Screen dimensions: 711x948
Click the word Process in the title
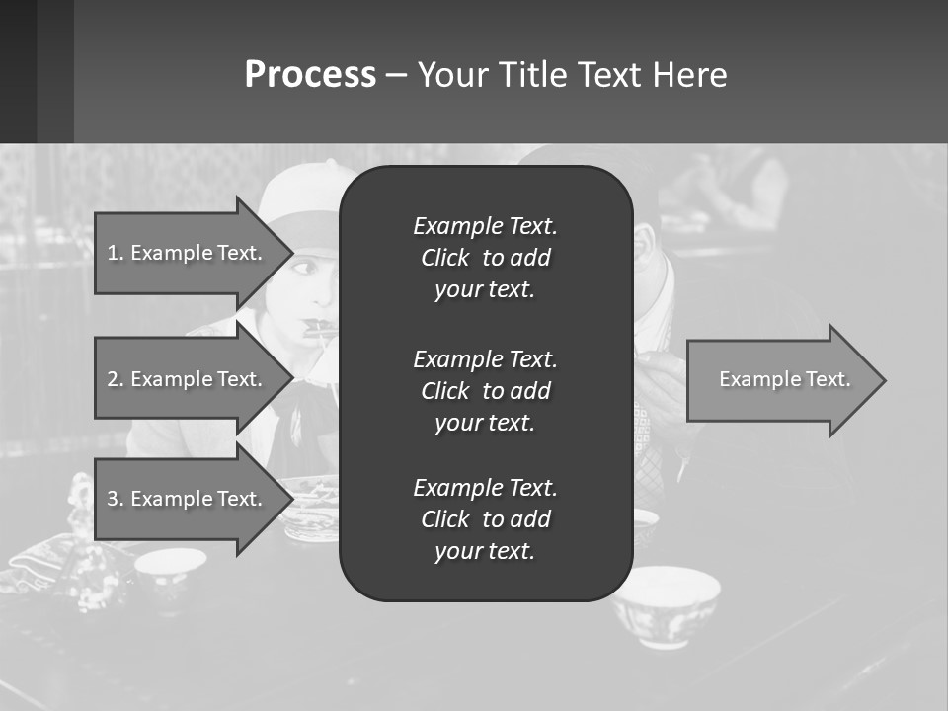click(x=310, y=75)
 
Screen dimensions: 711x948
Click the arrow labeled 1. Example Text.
click(x=188, y=253)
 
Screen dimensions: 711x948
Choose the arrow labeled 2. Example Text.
click(x=188, y=379)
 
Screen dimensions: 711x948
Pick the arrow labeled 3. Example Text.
click(x=188, y=499)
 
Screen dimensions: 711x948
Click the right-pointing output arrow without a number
click(x=780, y=380)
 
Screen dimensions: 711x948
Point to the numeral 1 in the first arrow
click(x=113, y=253)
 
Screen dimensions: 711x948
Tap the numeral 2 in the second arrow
click(x=113, y=379)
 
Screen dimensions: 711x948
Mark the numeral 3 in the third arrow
click(x=113, y=499)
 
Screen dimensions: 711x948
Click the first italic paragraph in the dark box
click(x=485, y=258)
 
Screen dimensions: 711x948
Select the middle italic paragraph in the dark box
click(x=485, y=391)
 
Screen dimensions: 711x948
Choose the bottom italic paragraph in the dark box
click(x=485, y=519)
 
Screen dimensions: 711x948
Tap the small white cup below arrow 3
click(x=170, y=569)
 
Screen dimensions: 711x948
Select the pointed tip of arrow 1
click(x=291, y=253)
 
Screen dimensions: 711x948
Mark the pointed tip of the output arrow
click(x=885, y=380)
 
